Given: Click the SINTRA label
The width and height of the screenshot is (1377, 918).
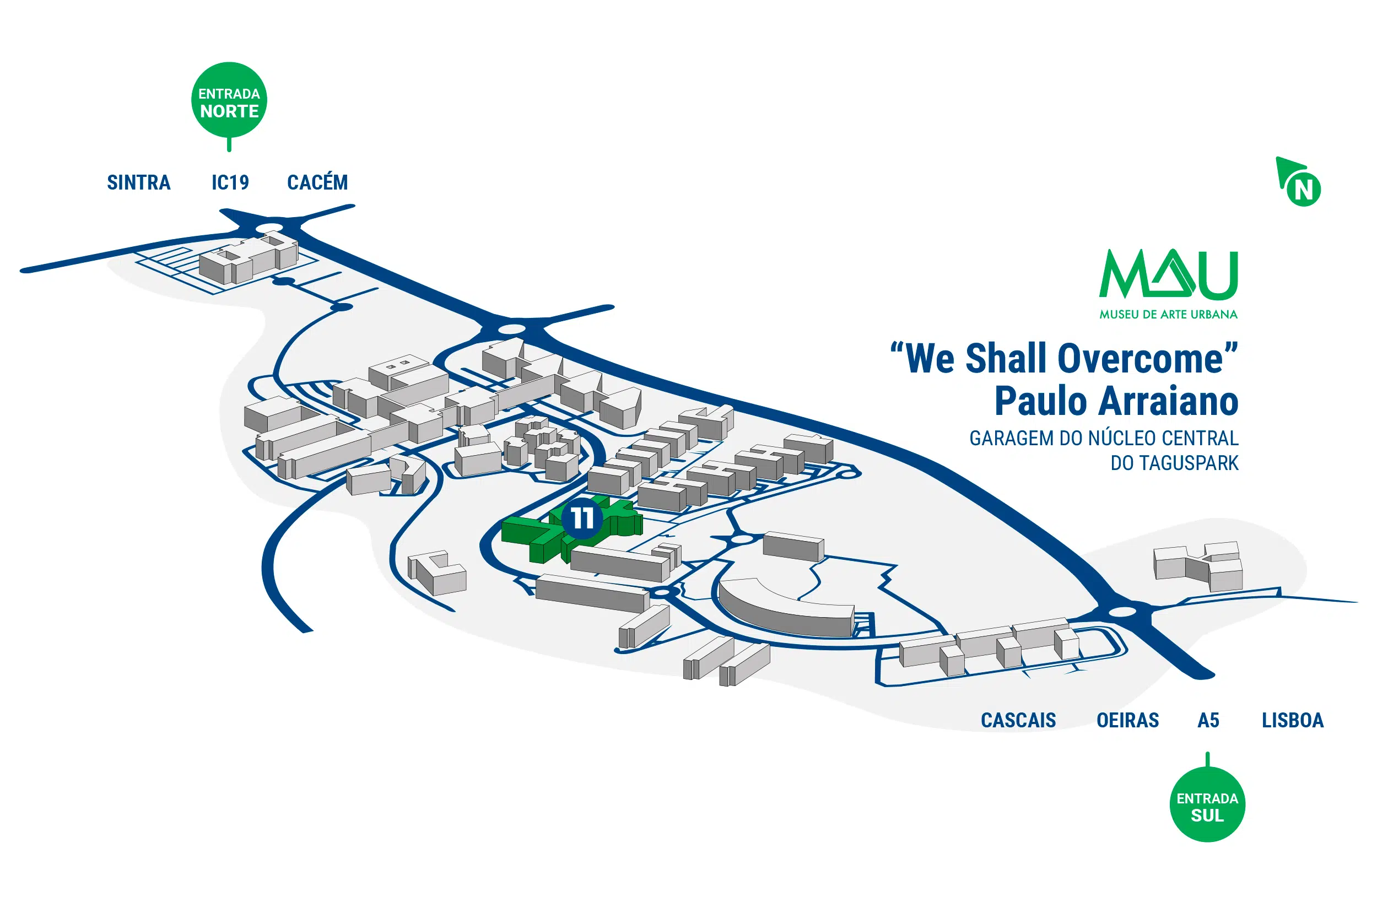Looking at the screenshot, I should click(x=139, y=183).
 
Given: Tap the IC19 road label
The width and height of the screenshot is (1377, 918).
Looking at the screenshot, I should click(x=230, y=183).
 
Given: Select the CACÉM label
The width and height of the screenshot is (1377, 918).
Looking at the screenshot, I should click(x=317, y=183).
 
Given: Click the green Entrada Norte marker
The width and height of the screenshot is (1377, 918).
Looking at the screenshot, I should click(x=229, y=101).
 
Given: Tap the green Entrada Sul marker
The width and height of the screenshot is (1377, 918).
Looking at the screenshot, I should click(x=1207, y=806).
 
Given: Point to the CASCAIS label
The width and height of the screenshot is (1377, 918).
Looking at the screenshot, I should click(x=1018, y=720).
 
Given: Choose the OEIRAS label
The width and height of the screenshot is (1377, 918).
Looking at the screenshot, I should click(x=1127, y=720).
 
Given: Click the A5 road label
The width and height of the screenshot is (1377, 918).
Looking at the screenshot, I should click(x=1208, y=720).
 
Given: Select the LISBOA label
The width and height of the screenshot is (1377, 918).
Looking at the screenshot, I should click(x=1292, y=720).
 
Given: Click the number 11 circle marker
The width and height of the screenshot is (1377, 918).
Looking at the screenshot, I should click(x=582, y=518).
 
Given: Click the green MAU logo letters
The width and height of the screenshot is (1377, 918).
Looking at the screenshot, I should click(x=1168, y=274).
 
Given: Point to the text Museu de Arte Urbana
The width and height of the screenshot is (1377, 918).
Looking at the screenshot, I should click(x=1168, y=315).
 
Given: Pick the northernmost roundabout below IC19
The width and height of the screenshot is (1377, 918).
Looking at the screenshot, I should click(x=270, y=227).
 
